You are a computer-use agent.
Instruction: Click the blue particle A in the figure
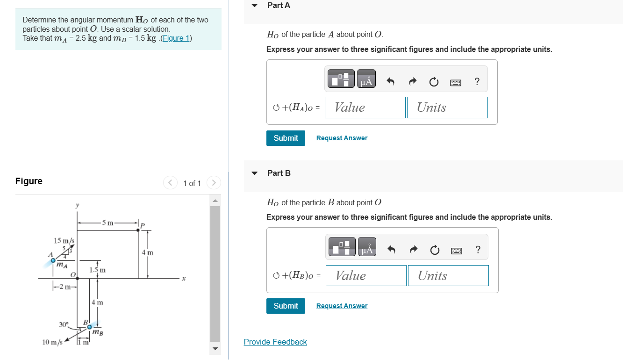pos(53,260)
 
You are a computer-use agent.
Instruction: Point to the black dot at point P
pos(138,230)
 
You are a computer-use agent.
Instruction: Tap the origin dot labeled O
pos(78,278)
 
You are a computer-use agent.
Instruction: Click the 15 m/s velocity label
pos(64,241)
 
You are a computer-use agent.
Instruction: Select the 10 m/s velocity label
pos(52,342)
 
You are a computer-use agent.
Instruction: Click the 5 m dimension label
pos(108,223)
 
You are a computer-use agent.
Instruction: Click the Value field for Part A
pos(365,108)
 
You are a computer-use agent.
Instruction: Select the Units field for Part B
pos(447,276)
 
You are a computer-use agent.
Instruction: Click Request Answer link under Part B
pos(342,306)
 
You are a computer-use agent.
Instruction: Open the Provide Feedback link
pos(275,342)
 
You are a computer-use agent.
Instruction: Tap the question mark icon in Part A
pos(477,81)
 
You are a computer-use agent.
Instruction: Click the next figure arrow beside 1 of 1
pos(213,182)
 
